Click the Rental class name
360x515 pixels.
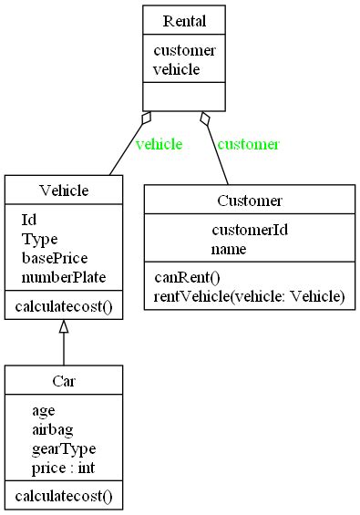[184, 21]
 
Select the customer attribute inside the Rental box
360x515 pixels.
[184, 50]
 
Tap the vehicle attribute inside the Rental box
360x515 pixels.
[176, 68]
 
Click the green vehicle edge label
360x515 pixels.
[159, 144]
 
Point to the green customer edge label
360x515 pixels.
[248, 144]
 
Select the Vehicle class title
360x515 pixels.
[64, 190]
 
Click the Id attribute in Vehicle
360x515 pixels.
[28, 220]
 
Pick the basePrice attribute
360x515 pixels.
[54, 258]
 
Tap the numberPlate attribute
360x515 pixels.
[64, 277]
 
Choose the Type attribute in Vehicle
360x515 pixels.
[39, 239]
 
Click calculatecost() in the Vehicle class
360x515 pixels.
[64, 306]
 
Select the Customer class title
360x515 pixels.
[250, 201]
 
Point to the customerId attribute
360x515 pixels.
[250, 230]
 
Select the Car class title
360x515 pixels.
[64, 381]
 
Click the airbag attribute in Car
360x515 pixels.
[52, 429]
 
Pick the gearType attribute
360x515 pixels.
[63, 448]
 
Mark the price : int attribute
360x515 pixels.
[63, 468]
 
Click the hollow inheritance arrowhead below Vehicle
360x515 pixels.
[64, 326]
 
